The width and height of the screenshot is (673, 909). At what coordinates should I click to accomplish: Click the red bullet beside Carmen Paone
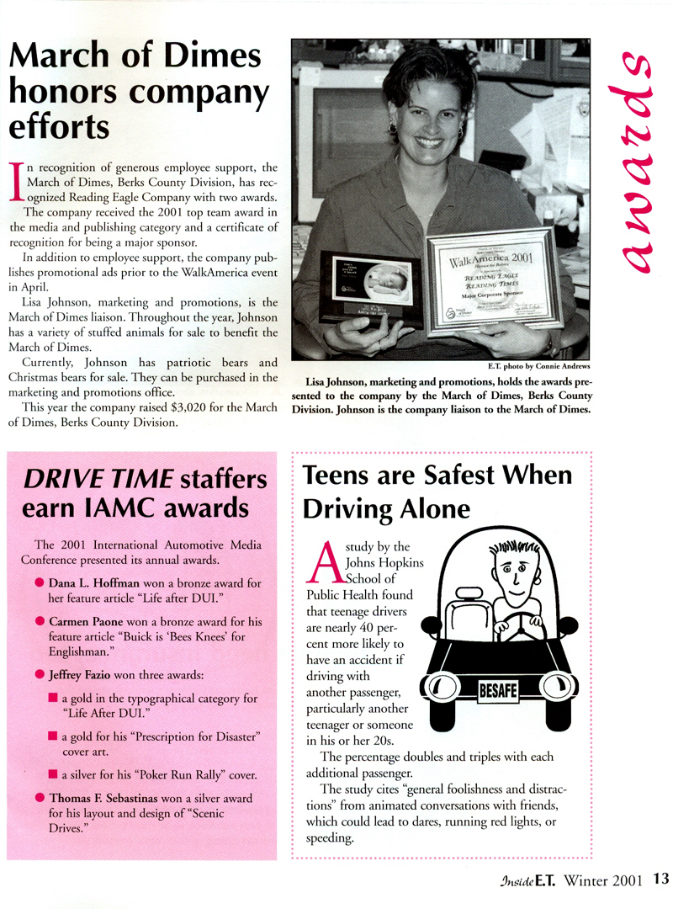point(40,620)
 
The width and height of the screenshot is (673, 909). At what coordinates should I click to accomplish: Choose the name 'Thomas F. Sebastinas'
point(108,797)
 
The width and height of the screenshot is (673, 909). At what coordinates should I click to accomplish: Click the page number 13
point(660,880)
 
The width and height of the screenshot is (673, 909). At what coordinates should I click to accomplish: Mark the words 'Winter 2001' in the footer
point(605,880)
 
